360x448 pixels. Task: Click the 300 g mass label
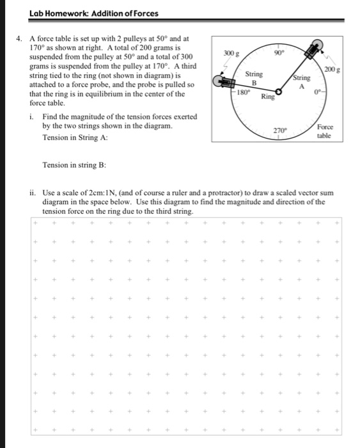[x=231, y=55]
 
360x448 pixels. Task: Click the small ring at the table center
[x=278, y=91]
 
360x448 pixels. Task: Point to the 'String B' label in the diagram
[x=254, y=78]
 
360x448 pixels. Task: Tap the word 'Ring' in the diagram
[x=267, y=98]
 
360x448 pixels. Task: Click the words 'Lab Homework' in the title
[x=55, y=13]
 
